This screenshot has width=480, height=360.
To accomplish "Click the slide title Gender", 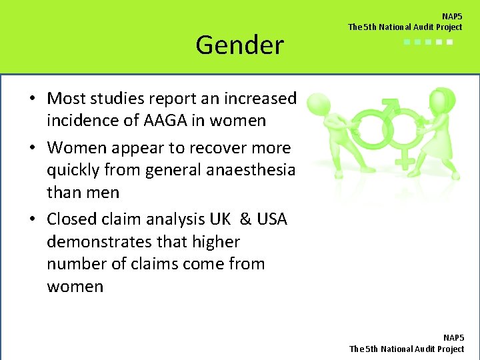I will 239,45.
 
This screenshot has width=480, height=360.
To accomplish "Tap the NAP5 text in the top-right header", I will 452,16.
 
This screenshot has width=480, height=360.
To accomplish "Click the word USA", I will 270,219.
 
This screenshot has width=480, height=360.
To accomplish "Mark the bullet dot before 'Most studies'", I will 32,99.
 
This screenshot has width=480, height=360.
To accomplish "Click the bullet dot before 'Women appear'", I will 32,148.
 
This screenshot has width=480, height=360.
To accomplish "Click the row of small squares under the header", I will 429,42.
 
